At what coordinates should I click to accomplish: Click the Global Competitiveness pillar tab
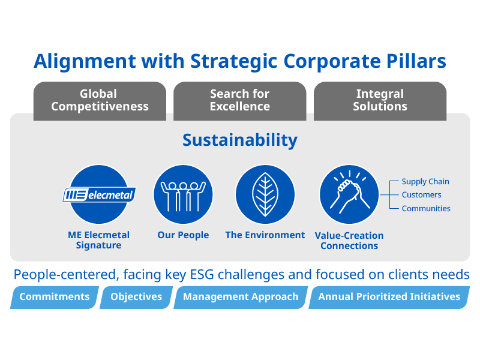click(100, 101)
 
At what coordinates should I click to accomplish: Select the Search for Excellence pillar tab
click(239, 101)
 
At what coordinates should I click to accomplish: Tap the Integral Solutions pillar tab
click(380, 101)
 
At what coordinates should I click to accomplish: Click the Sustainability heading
click(239, 140)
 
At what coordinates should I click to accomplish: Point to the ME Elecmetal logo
click(99, 194)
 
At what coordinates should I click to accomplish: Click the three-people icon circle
click(183, 194)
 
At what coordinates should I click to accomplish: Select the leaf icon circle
click(265, 194)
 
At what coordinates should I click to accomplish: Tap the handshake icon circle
click(349, 194)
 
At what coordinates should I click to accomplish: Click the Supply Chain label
click(425, 182)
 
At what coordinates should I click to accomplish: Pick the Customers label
click(422, 194)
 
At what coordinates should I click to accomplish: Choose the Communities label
click(426, 208)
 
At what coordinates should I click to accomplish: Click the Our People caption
click(183, 235)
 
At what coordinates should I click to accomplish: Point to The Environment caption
click(265, 235)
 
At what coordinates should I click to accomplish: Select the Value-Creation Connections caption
click(349, 241)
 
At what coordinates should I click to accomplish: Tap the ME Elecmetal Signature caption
click(98, 240)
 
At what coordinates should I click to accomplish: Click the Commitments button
click(55, 297)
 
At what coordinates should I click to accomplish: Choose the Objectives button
click(136, 297)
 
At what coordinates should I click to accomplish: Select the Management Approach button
click(241, 297)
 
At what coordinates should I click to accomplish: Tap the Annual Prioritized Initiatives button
click(389, 297)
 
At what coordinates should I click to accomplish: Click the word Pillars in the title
click(416, 61)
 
